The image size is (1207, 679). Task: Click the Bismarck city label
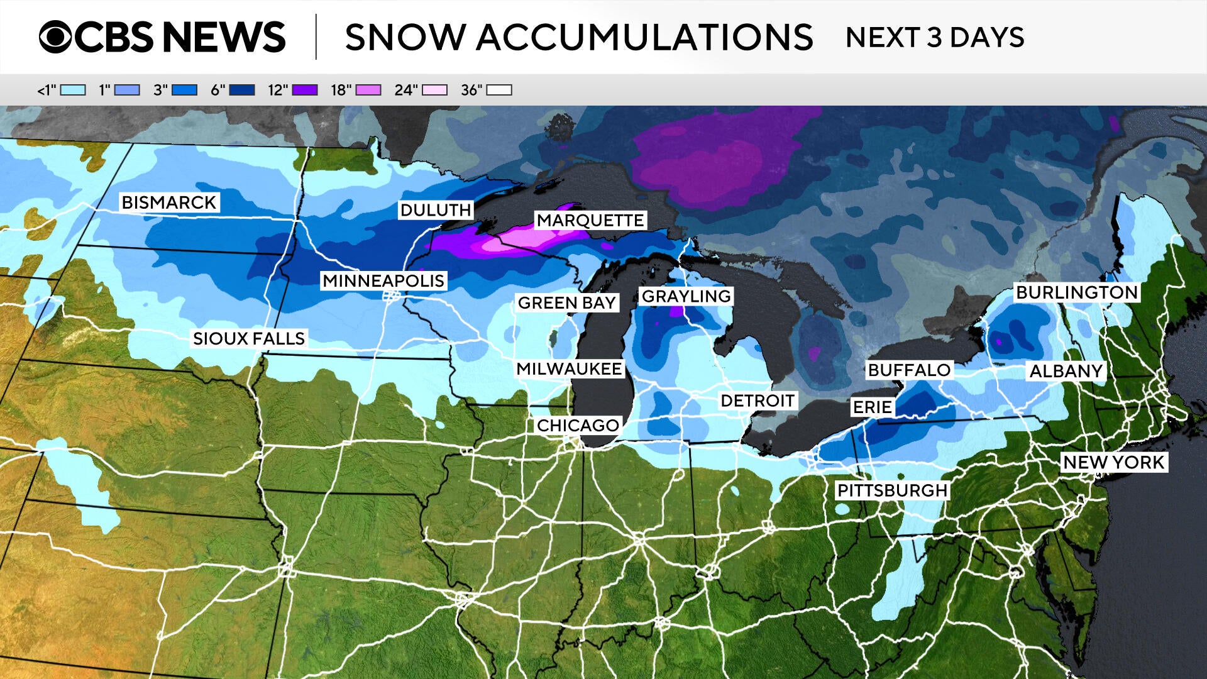pos(169,202)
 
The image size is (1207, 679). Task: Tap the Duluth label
pos(436,210)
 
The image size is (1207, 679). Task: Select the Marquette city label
pos(590,220)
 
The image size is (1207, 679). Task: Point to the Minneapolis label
pos(383,280)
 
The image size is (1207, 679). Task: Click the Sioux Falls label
pos(249,338)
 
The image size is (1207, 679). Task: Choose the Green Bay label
pos(566,302)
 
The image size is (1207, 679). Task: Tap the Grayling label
pos(686,296)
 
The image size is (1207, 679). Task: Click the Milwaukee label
pos(569,368)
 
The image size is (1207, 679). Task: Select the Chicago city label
pos(578,425)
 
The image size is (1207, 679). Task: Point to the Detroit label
pos(758,400)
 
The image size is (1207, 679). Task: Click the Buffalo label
pos(909,370)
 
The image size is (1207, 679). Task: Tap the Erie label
pos(872,407)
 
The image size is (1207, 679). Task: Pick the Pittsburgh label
pos(892,490)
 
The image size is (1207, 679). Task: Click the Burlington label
pos(1077,292)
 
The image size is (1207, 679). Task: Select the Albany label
pos(1066,371)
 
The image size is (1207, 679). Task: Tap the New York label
pos(1114,462)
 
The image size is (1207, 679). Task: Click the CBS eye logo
pos(55,36)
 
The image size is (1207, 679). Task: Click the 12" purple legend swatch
pos(305,90)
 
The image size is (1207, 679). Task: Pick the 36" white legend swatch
pos(499,90)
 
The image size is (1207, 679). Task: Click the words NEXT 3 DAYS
pos(935,37)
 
